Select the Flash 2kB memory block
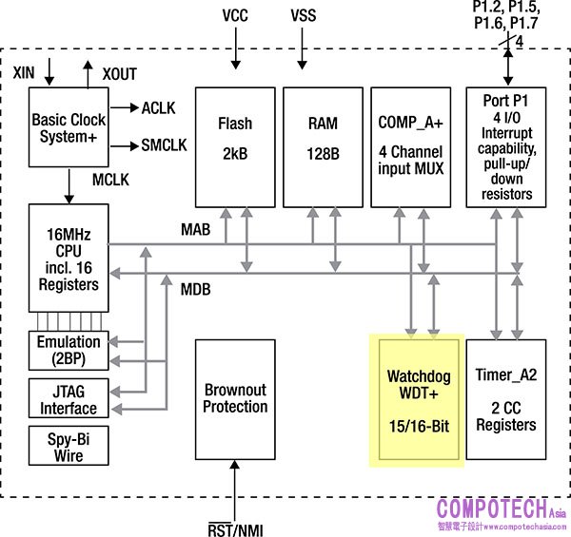234,145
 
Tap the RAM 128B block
323,145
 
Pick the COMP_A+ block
410,145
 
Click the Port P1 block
507,145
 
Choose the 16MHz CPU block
64,257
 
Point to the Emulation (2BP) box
68,350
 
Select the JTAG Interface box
68,399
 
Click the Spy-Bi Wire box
68,448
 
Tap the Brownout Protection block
235,399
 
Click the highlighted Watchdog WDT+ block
415,399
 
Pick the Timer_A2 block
506,399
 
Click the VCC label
235,17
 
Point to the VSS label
305,17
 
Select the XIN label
24,71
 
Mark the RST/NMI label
235,527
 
